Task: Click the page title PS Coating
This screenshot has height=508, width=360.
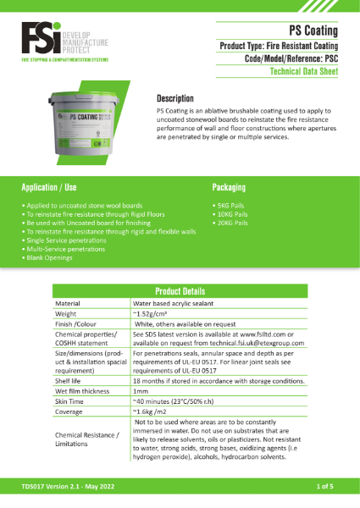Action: [313, 27]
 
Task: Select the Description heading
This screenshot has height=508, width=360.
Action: [175, 98]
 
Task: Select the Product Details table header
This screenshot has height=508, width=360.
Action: [180, 290]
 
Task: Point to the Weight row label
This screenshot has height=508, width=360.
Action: [67, 313]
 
